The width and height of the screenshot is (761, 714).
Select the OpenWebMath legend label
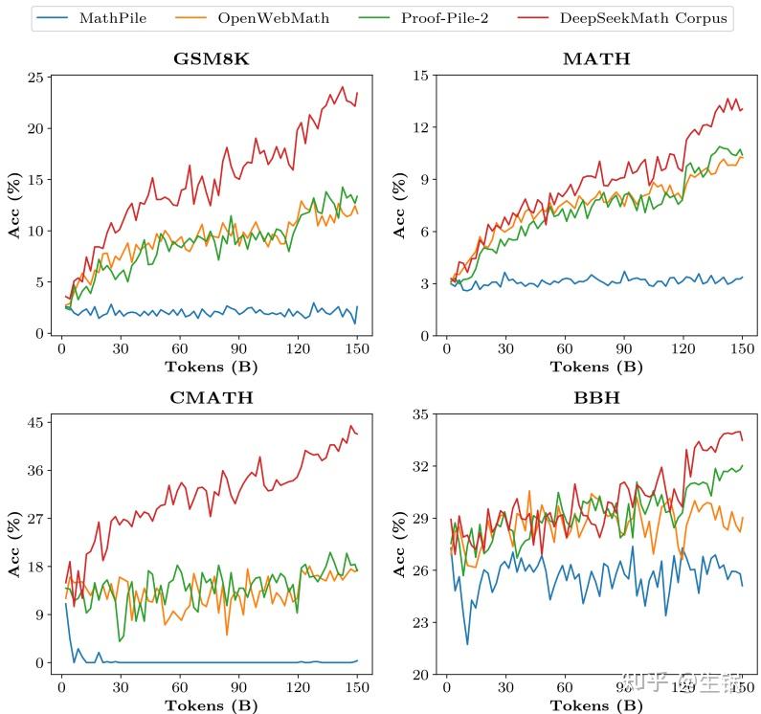(x=290, y=17)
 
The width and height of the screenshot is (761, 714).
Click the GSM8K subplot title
(x=211, y=58)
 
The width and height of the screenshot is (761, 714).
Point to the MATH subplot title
(x=595, y=58)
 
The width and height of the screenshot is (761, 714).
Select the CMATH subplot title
(x=211, y=397)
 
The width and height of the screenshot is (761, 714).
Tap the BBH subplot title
(x=595, y=397)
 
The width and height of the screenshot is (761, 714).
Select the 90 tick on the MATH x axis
(x=624, y=349)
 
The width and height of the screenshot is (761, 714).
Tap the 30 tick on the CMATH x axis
(x=121, y=688)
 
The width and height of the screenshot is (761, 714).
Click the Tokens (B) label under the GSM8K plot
(x=211, y=367)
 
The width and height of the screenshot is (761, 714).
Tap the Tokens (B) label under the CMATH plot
(x=211, y=705)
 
